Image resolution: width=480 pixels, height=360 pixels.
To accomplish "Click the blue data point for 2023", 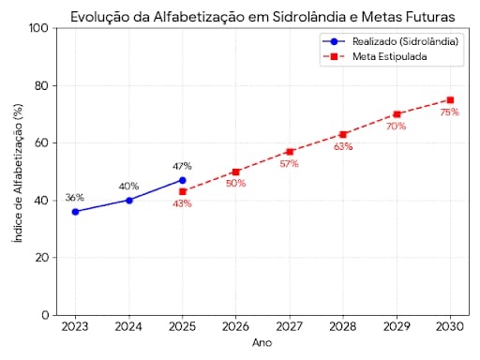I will click(x=75, y=212).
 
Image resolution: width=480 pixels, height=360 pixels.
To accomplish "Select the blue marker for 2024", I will click(x=128, y=200).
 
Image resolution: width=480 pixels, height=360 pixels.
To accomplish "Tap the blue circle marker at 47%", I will click(x=182, y=180).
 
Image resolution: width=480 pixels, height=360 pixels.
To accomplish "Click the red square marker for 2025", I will click(x=182, y=191).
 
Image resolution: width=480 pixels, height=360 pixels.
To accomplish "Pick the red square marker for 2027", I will click(x=290, y=151).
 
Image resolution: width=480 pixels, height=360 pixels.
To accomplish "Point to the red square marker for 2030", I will click(x=450, y=99).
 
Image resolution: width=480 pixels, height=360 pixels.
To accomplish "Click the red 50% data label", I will click(x=235, y=184).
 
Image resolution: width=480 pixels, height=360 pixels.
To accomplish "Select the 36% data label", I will click(x=75, y=198).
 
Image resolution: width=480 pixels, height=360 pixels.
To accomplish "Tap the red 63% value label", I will click(x=343, y=146).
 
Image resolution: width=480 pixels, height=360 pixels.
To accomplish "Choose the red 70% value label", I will click(x=397, y=126).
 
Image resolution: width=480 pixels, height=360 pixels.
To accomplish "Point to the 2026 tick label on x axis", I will click(x=235, y=327).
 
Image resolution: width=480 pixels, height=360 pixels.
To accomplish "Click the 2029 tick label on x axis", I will click(x=397, y=327).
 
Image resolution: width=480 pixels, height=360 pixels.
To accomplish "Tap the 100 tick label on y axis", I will click(x=39, y=28).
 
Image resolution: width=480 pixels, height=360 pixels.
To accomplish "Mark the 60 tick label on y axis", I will click(x=42, y=143).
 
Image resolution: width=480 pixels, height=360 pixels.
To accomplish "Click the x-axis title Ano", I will click(x=262, y=343).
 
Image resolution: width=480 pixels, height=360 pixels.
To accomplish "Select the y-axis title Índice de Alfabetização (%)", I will click(x=17, y=172).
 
